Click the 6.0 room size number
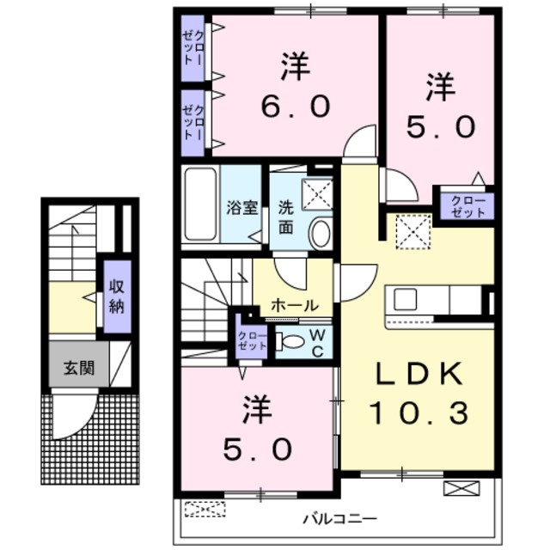(294, 107)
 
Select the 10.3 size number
(419, 414)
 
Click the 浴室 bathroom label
(241, 208)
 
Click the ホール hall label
(295, 305)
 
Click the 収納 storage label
(116, 294)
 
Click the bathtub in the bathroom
(201, 205)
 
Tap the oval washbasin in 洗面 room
(320, 233)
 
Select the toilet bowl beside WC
(293, 341)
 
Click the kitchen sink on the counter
(404, 300)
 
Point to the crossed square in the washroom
(317, 194)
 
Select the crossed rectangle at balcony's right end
(457, 489)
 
